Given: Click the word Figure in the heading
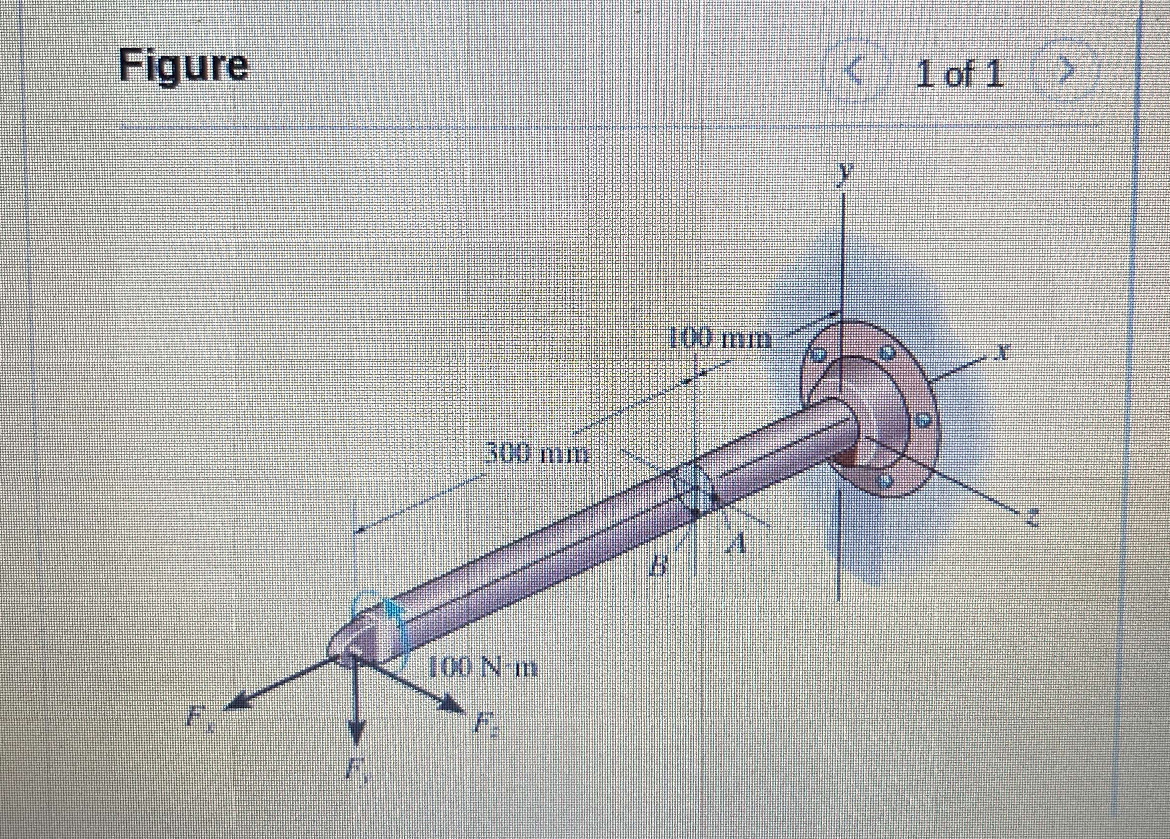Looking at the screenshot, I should pos(184,66).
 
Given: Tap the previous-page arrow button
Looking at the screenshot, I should pos(855,72).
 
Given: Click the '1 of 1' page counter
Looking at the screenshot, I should pos(959,74).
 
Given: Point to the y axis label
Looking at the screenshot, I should pos(844,173).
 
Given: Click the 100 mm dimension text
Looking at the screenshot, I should pos(719,340).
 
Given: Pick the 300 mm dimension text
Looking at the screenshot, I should pos(537,454).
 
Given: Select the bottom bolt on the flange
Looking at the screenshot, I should pos(886,480).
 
